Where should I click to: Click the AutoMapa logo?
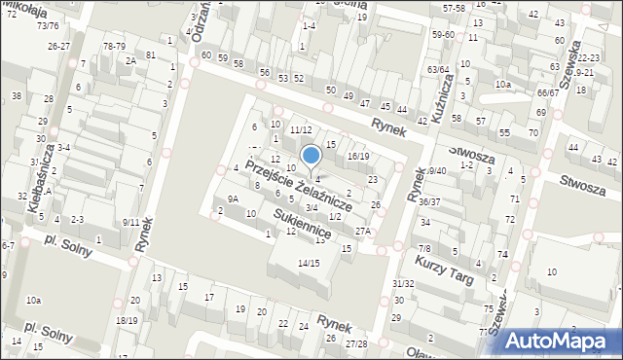tap(560, 340)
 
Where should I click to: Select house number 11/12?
tap(300, 130)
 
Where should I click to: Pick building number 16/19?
tap(358, 157)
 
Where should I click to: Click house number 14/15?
tap(309, 263)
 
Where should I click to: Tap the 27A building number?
tap(363, 232)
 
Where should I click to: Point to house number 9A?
tap(233, 198)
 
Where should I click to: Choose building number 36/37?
tap(429, 201)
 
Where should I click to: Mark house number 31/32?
tap(403, 283)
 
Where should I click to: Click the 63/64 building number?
tap(438, 70)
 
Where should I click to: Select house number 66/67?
tap(547, 93)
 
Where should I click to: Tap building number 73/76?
tap(48, 26)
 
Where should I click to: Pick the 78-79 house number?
tap(114, 46)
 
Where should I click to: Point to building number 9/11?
tap(130, 222)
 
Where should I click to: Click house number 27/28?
tap(356, 343)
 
